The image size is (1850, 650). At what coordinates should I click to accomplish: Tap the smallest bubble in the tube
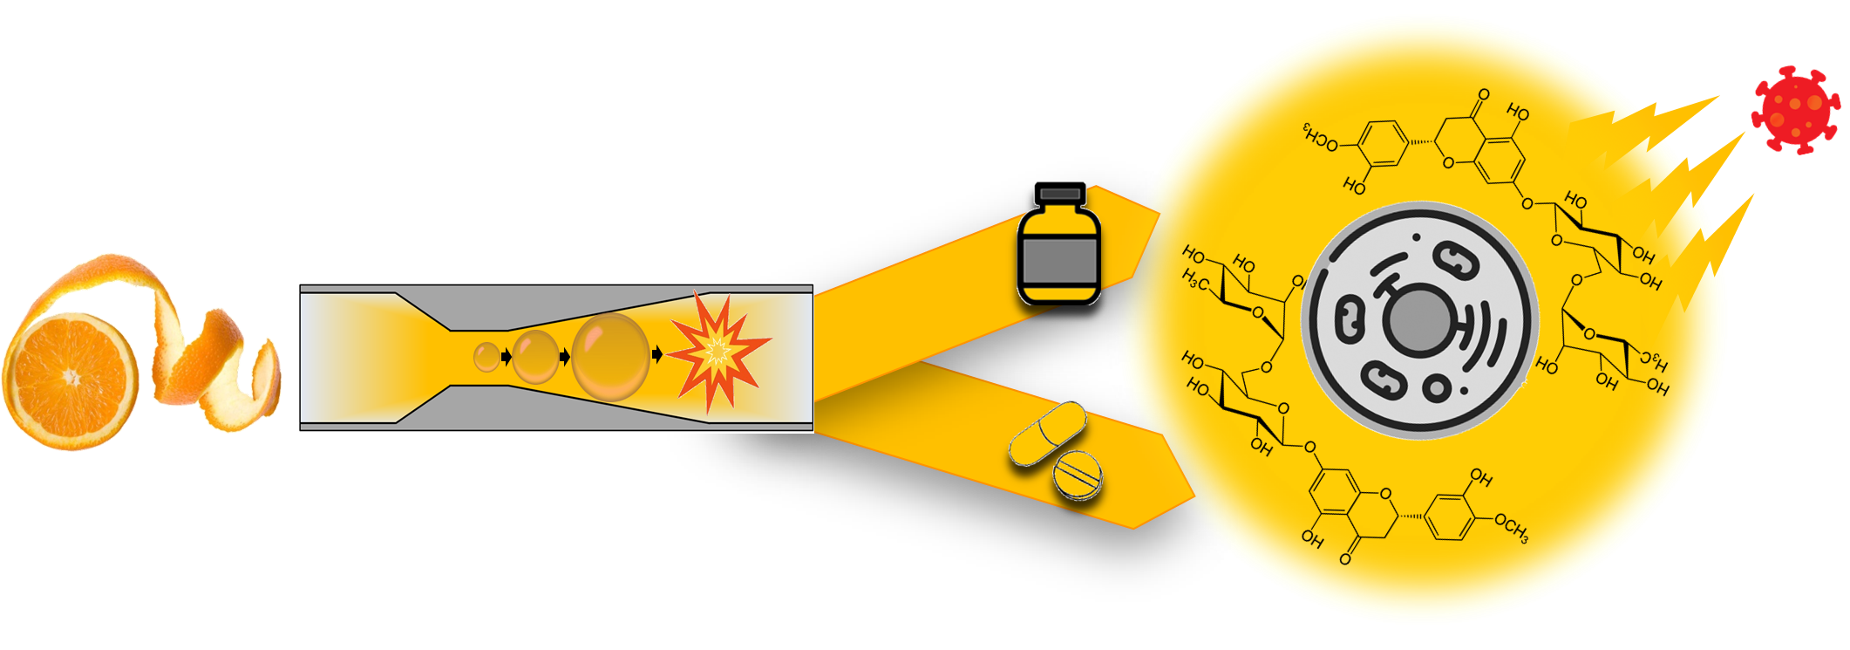(x=486, y=356)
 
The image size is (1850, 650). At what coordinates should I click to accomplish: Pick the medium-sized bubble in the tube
(x=534, y=356)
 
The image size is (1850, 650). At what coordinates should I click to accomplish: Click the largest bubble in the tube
(x=610, y=356)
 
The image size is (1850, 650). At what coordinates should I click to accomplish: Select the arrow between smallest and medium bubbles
(x=506, y=356)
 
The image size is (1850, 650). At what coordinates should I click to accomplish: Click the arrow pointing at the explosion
(x=656, y=354)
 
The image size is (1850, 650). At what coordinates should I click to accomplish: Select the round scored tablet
(x=1078, y=475)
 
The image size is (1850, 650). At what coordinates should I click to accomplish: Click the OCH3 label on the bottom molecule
(x=1510, y=529)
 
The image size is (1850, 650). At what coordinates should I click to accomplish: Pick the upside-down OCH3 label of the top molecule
(x=1320, y=137)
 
